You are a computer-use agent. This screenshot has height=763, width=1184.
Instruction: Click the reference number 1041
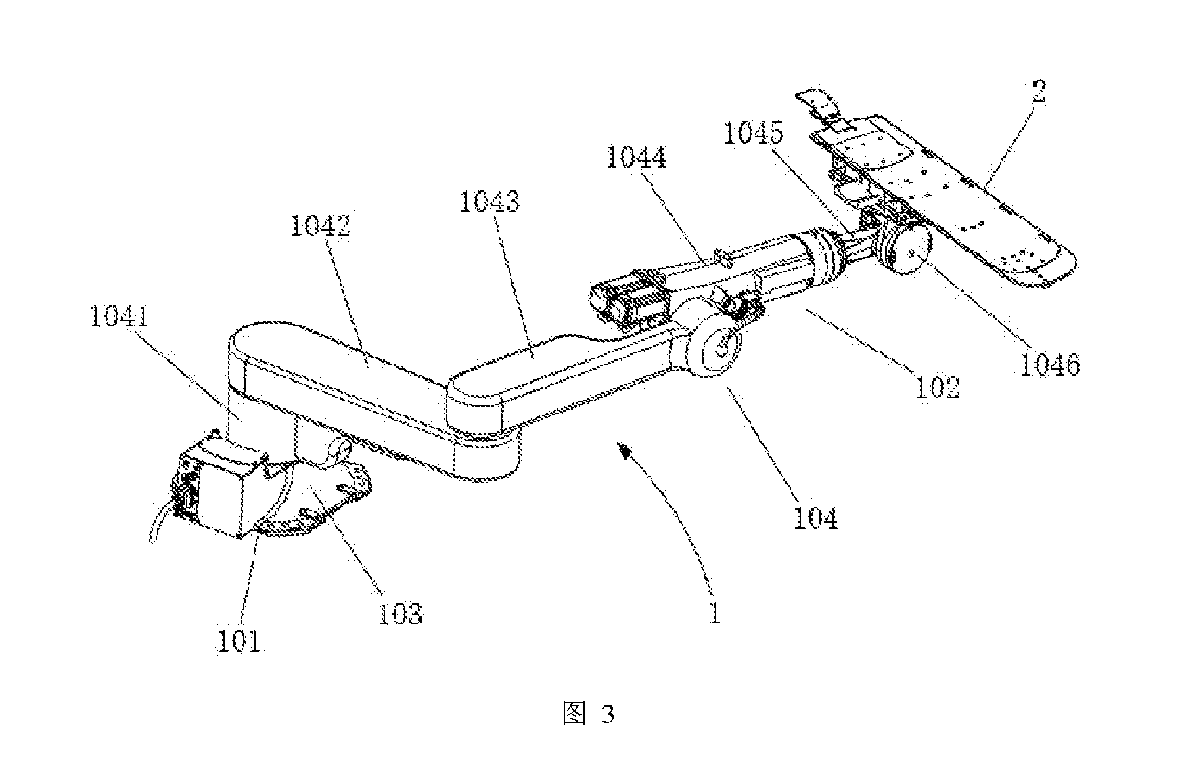click(119, 317)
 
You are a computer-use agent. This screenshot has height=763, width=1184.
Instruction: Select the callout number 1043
click(489, 201)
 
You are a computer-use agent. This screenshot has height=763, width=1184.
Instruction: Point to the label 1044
click(636, 157)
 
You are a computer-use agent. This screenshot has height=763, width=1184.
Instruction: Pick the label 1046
click(1051, 365)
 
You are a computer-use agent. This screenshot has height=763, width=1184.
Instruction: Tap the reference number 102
click(937, 387)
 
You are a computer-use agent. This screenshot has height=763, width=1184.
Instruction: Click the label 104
click(815, 518)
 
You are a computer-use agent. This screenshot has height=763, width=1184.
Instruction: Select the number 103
click(399, 613)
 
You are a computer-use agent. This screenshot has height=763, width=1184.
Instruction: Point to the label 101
click(238, 640)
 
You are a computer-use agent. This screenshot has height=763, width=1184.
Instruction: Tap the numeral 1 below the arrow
click(714, 613)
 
